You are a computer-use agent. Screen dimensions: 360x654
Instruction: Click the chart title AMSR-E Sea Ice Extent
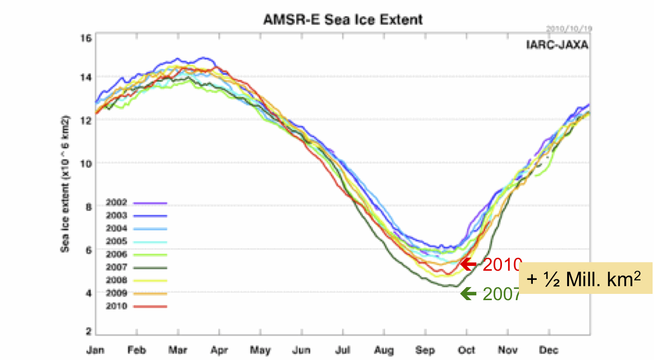[343, 20]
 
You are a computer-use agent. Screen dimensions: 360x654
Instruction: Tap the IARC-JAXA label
[557, 45]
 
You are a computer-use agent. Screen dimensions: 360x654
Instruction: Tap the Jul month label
[343, 350]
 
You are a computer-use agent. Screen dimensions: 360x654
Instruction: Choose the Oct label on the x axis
[467, 350]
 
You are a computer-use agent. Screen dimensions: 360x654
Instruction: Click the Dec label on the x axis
[549, 350]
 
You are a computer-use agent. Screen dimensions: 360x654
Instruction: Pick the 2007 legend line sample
[150, 268]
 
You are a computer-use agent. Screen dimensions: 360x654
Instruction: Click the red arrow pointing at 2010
[468, 264]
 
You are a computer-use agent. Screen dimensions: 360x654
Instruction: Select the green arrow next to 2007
[468, 293]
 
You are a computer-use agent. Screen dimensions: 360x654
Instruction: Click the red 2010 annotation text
[501, 264]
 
